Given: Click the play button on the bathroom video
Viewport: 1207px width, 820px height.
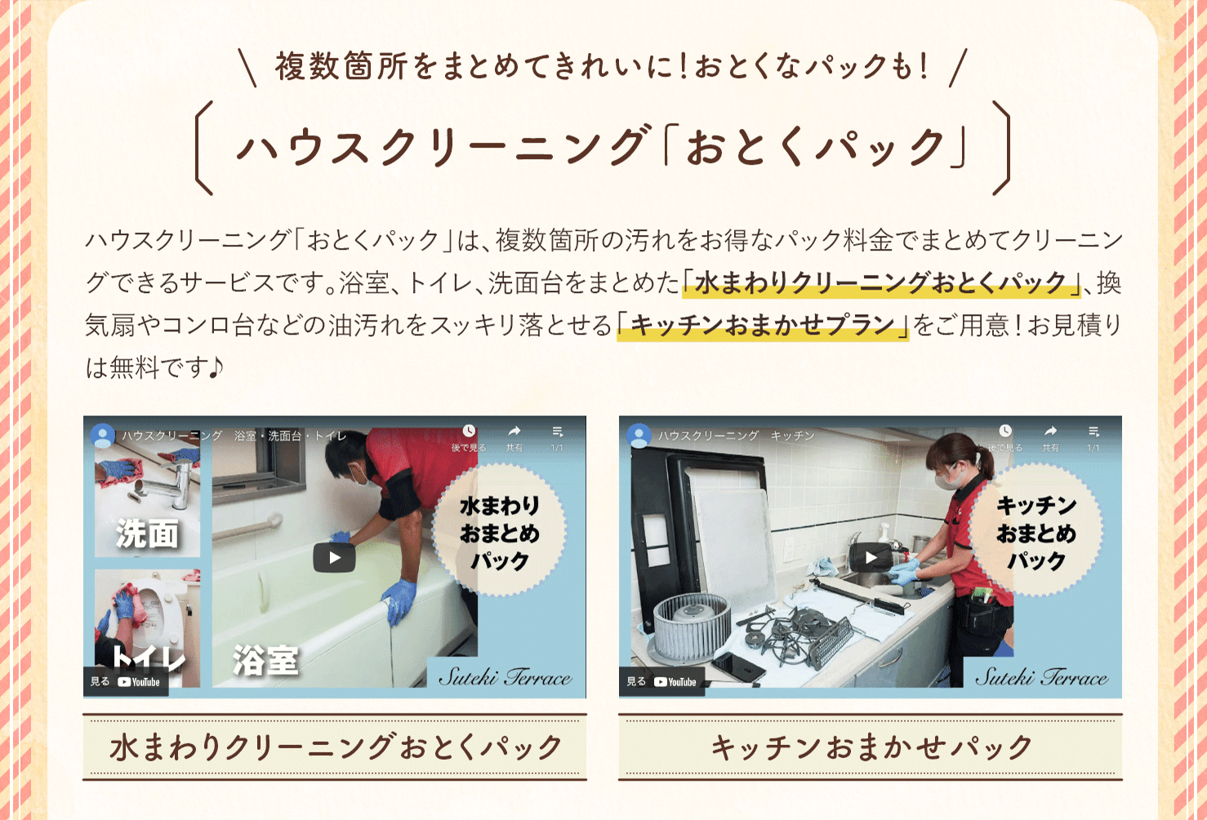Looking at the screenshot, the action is coord(334,557).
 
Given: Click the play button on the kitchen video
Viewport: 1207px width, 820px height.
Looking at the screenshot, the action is coord(871,557).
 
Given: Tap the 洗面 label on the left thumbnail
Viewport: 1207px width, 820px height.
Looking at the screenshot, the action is coord(147,534).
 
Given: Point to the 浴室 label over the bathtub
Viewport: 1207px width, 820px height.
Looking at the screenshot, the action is coord(265,660).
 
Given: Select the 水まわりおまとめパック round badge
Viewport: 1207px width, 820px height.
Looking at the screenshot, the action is coord(500,531).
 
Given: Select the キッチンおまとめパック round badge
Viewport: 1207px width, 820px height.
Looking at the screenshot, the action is coord(1036,531).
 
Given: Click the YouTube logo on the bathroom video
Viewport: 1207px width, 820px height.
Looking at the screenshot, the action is coord(139,682).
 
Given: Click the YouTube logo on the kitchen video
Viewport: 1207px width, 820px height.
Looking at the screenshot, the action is coord(675,682).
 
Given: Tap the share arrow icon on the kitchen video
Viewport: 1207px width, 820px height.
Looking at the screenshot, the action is coord(1050,432).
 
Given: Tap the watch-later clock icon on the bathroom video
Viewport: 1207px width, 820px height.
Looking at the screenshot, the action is coord(469,431).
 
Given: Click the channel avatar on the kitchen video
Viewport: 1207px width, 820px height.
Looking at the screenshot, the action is coord(639,436).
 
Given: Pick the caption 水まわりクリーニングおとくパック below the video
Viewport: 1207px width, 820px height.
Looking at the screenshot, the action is coord(336,747).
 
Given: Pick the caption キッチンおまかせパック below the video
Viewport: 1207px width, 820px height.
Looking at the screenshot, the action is coord(871,747).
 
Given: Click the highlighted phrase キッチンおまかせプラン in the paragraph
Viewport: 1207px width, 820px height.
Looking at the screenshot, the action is coord(763,326).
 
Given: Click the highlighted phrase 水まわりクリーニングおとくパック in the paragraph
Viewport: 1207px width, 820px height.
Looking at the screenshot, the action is coord(881,282).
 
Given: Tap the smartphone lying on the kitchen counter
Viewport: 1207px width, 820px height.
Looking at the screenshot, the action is coord(737,667).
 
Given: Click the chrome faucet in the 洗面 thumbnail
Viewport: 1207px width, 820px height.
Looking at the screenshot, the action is coord(172,485).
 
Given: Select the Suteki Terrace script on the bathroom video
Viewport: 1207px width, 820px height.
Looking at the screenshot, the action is coord(506,676).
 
